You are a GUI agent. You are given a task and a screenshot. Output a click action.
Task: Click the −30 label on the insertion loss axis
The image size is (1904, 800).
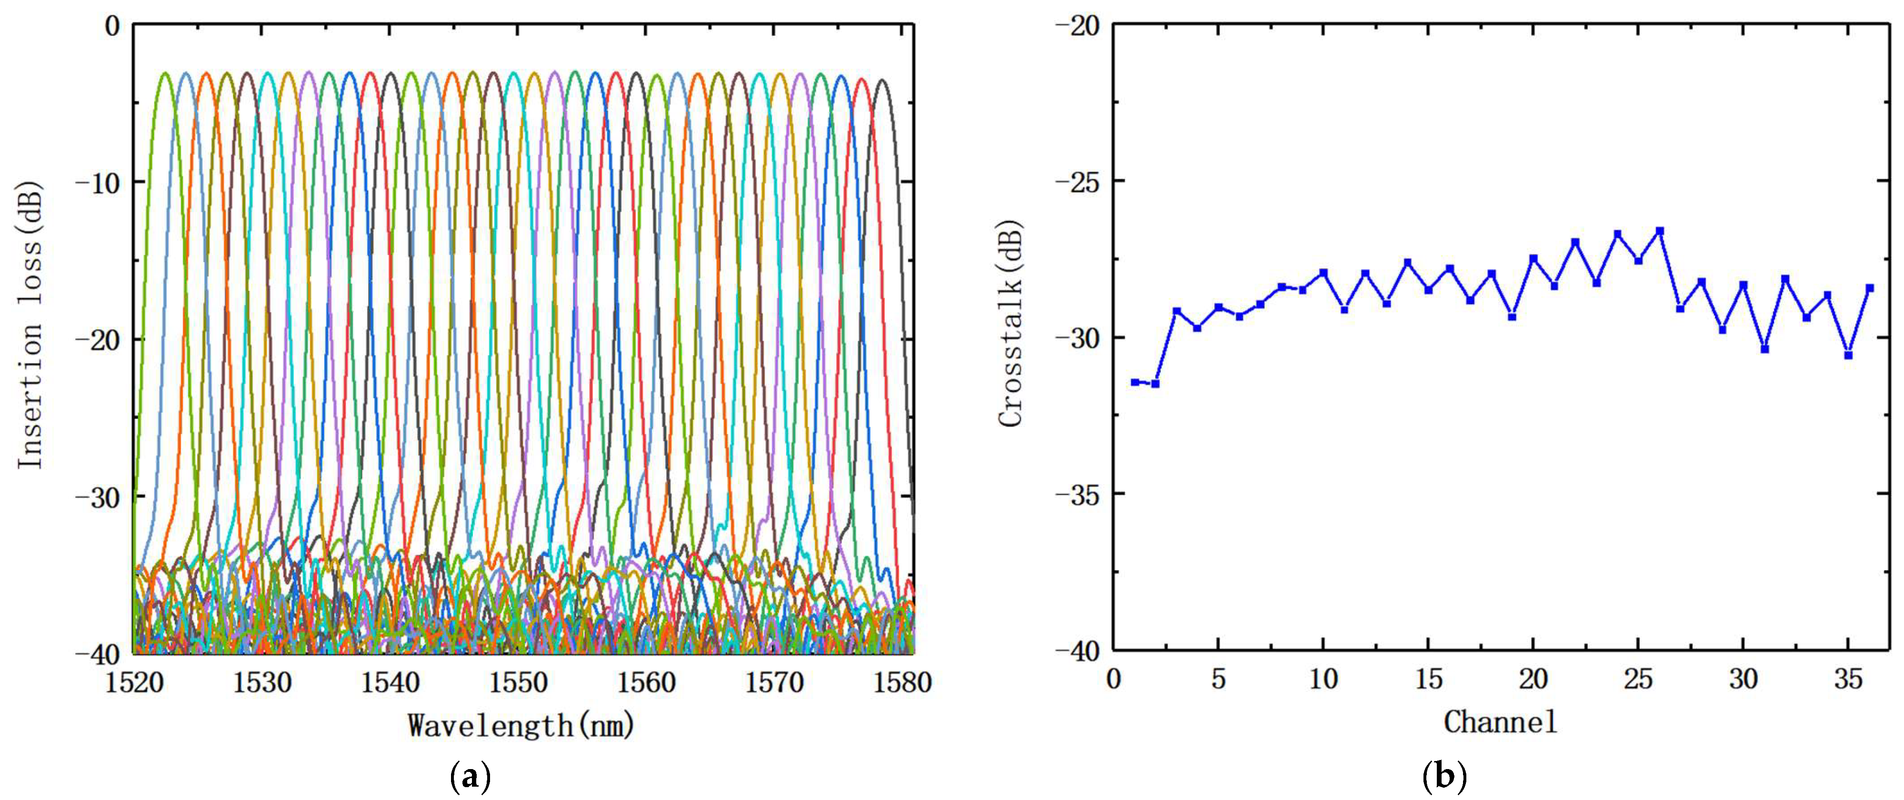(x=98, y=496)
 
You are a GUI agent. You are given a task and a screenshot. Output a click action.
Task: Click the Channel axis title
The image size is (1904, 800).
(x=1501, y=721)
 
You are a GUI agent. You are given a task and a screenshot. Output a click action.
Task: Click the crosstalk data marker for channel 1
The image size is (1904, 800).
(x=1134, y=382)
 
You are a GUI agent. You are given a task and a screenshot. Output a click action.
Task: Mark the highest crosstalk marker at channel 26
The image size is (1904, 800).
(x=1659, y=230)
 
